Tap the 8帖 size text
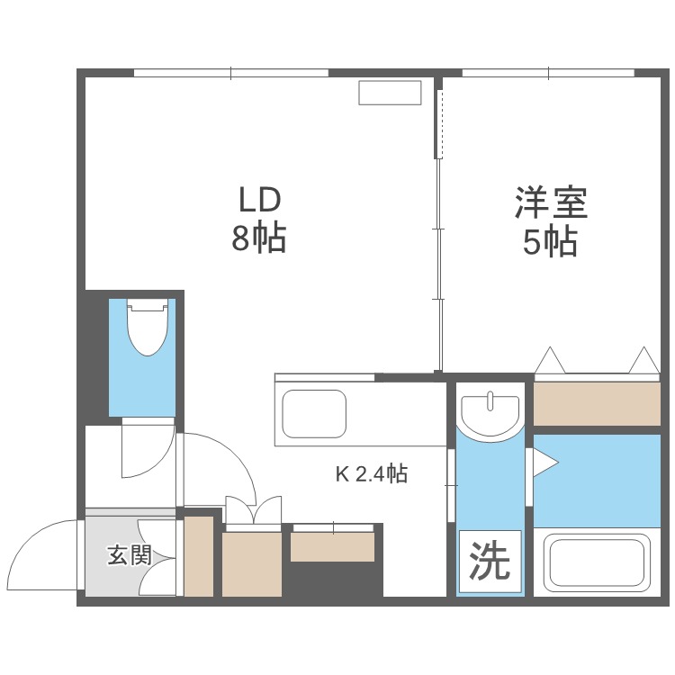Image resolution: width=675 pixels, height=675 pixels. (260, 238)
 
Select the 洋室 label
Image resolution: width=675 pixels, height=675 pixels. (550, 202)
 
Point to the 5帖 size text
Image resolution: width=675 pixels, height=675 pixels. (550, 242)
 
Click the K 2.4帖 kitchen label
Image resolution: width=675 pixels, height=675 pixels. (372, 473)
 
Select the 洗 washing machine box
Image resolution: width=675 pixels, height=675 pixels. (490, 562)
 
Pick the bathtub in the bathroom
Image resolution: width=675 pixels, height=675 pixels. (596, 564)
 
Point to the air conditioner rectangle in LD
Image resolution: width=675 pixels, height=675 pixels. (390, 94)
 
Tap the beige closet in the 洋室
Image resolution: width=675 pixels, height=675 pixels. (597, 402)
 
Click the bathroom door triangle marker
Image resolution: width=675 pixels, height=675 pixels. (545, 463)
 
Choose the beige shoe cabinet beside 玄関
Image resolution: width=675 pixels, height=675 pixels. (199, 556)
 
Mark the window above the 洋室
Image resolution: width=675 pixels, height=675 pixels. (548, 73)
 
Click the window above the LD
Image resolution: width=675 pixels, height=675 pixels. (230, 73)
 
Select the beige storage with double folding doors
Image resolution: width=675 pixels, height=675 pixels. (252, 562)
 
